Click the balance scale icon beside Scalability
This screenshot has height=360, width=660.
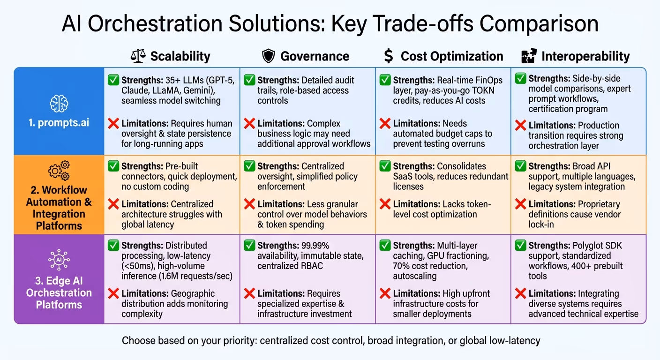pos(138,57)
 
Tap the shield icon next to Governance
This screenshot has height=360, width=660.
pos(268,57)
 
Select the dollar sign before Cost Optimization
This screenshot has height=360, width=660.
pos(388,57)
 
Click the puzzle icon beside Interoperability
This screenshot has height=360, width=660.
pos(529,57)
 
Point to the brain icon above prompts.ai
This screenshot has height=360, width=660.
pos(59,104)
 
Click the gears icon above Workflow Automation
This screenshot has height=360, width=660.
pos(59,171)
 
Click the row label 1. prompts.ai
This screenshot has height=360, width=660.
pos(59,124)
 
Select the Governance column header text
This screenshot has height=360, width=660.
pos(315,57)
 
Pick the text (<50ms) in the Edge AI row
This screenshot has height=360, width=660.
pos(137,266)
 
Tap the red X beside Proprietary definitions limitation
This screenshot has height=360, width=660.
pos(520,204)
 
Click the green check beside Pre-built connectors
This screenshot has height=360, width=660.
pos(113,166)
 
